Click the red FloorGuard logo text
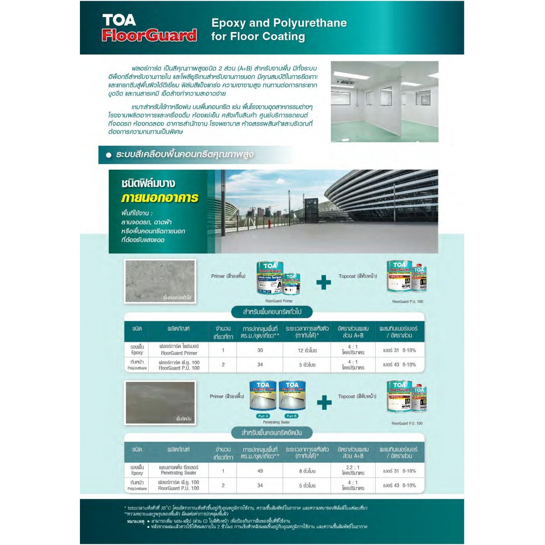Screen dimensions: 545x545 [149, 35]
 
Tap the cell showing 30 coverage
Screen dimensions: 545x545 [260, 350]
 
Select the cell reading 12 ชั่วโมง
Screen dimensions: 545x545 [307, 351]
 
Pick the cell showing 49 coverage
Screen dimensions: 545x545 [260, 471]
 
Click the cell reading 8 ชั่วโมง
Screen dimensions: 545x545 [307, 471]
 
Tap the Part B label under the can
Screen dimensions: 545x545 [291, 416]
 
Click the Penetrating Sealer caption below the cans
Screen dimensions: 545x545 [276, 422]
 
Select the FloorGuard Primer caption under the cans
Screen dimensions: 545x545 [279, 301]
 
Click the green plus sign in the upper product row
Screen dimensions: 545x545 [323, 282]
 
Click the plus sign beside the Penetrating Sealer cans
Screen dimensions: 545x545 [324, 402]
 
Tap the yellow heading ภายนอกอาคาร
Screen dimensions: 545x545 [160, 198]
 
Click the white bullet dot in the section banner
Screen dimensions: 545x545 [108, 155]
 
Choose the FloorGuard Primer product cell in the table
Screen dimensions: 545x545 [179, 350]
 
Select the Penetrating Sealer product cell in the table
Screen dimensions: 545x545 [179, 470]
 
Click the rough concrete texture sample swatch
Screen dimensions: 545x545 [160, 281]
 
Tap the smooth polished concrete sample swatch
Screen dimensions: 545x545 [160, 402]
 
